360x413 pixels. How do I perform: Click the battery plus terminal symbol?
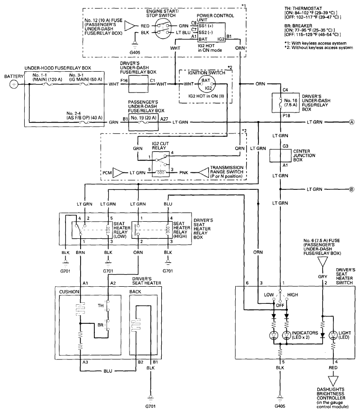tap(14, 84)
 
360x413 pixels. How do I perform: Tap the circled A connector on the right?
tap(351, 122)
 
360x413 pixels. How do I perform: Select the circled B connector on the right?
tap(351, 189)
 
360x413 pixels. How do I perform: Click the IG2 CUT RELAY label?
tap(160, 146)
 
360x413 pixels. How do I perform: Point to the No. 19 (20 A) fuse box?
tap(143, 123)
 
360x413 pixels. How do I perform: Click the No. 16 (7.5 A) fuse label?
tap(291, 103)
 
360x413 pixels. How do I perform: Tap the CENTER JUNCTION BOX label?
tap(304, 155)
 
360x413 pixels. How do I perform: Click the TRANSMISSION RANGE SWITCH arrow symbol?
tap(203, 173)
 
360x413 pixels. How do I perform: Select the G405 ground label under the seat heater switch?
tap(280, 406)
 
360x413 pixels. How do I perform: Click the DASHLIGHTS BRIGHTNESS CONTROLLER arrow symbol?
tap(333, 381)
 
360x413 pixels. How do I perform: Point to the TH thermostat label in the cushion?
tap(101, 306)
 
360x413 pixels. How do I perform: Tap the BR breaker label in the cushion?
tap(101, 325)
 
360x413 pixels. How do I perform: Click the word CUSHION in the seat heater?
tap(69, 292)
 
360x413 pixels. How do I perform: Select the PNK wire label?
tap(184, 173)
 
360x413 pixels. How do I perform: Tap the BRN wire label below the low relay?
tap(80, 253)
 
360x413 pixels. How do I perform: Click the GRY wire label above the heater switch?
tap(323, 277)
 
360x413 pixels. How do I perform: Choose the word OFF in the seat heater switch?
tap(280, 306)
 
